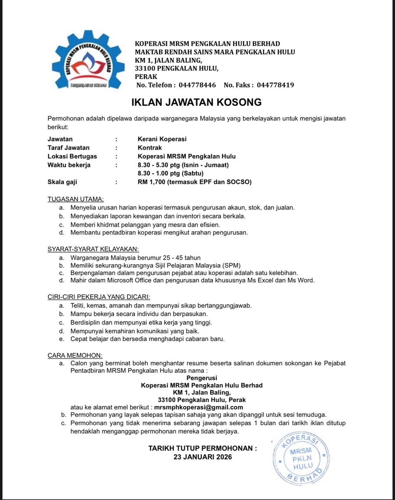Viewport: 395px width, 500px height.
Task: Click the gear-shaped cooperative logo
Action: click(88, 60)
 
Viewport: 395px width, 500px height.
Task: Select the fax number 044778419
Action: click(275, 85)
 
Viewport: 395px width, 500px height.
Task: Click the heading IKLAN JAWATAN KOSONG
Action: click(196, 102)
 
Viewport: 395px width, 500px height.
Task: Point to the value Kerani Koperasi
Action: click(162, 139)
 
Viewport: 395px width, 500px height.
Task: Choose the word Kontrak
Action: click(150, 148)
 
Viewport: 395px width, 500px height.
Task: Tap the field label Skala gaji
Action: click(63, 182)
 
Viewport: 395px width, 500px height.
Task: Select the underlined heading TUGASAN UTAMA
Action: click(76, 199)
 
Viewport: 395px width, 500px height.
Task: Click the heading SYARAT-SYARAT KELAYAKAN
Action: click(93, 249)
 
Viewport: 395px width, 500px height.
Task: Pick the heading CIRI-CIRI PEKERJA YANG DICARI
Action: click(99, 296)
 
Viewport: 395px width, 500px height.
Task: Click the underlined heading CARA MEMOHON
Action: click(75, 355)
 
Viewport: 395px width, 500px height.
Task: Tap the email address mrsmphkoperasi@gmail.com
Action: click(198, 408)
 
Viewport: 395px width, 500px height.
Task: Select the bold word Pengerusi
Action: click(202, 378)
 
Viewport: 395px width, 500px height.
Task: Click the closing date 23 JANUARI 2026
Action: click(202, 457)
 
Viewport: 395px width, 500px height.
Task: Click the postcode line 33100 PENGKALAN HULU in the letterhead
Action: click(177, 68)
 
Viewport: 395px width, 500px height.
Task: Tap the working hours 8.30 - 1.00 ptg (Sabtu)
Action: click(170, 174)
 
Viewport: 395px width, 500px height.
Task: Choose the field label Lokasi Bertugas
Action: click(72, 156)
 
